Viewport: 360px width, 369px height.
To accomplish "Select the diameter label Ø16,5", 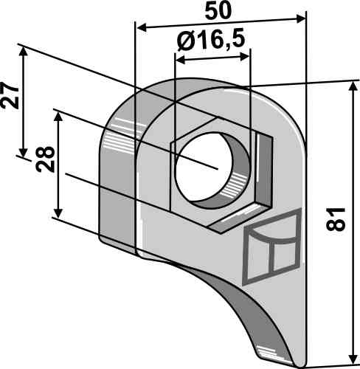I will [x=212, y=42].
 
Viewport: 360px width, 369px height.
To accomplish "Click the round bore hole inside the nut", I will [x=214, y=169].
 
